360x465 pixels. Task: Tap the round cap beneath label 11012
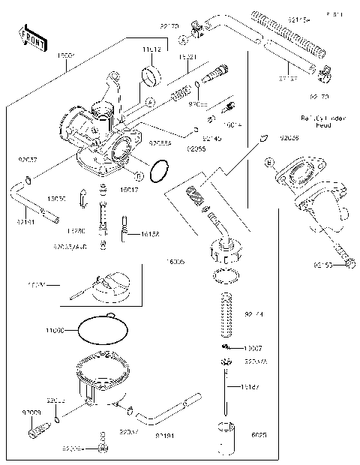[151, 75]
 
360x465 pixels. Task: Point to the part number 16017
[129, 190]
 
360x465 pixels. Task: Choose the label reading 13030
[57, 199]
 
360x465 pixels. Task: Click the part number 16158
[151, 235]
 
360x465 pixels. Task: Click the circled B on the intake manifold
[267, 162]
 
